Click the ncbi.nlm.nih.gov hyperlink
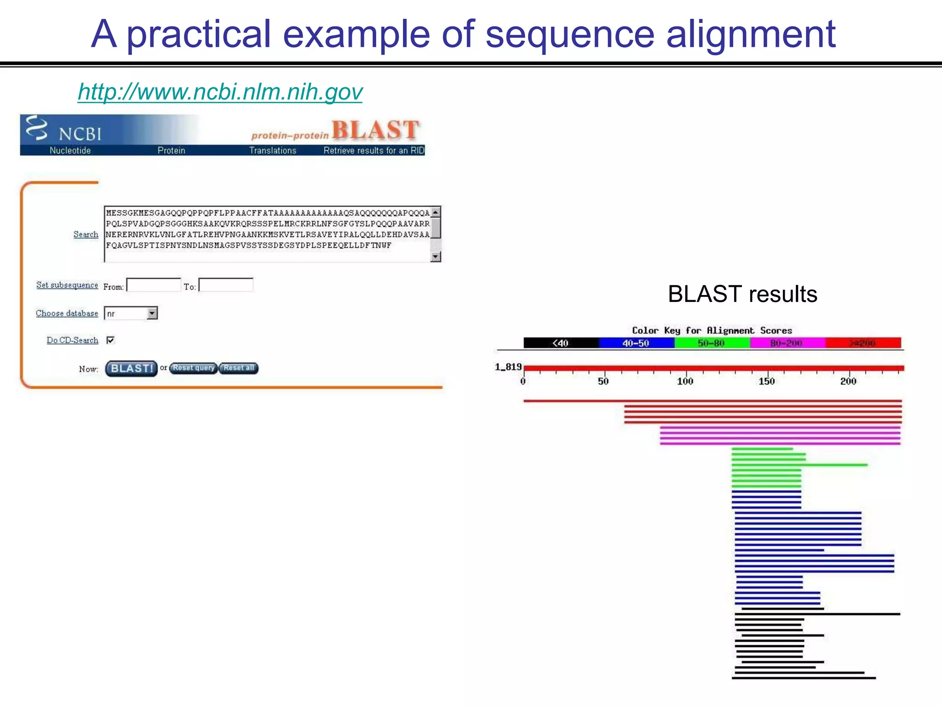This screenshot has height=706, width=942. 220,92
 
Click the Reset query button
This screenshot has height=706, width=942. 193,368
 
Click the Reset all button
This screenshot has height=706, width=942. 238,368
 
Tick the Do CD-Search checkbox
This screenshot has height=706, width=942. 110,340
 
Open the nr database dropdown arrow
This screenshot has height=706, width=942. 152,313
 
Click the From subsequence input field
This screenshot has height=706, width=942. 154,285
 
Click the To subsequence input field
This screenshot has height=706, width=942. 226,285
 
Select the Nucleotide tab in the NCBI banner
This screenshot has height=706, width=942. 70,150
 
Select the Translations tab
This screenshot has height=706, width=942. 273,150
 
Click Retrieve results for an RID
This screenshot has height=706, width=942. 373,150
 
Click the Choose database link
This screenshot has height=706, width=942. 67,313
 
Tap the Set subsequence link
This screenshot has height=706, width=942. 67,285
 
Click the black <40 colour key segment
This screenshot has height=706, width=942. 561,343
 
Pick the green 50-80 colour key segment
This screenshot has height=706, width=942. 711,343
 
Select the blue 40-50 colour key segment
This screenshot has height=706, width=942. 636,343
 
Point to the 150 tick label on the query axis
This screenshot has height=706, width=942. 767,381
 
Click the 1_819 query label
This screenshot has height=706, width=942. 508,367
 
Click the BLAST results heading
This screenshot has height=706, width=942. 742,294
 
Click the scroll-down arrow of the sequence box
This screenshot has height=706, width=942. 436,257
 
